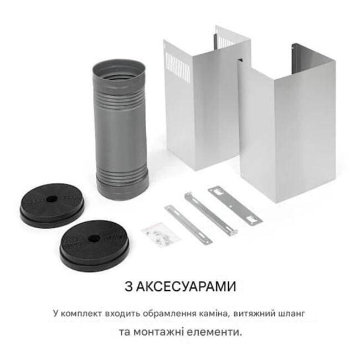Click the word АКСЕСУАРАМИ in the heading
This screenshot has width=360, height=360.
point(186,286)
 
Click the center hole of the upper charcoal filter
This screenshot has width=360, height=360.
point(52,199)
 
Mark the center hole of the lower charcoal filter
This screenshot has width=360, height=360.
point(94,239)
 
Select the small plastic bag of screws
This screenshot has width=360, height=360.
point(161,235)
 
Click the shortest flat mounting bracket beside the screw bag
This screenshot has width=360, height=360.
point(188,224)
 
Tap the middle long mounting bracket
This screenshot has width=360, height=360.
point(210,214)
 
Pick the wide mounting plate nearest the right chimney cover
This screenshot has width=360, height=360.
point(235,205)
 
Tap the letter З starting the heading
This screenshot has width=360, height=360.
point(128,286)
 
